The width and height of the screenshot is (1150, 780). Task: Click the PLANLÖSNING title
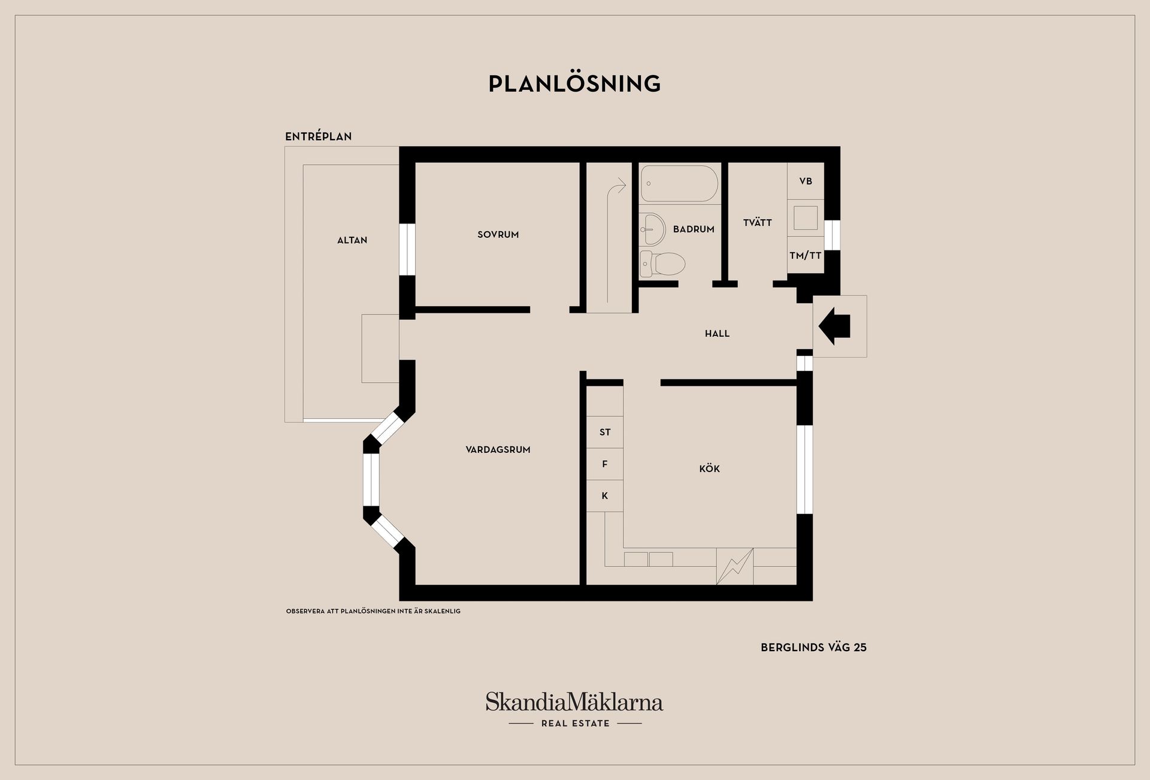pos(574,84)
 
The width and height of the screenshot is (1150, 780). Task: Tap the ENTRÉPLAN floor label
pos(318,137)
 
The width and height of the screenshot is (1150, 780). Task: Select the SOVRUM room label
pos(498,235)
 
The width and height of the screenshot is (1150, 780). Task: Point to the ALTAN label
pos(352,240)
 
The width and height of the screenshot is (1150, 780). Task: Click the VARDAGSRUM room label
pos(498,450)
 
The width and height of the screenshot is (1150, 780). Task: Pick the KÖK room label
pos(709,469)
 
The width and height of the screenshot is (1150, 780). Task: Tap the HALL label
pos(717,334)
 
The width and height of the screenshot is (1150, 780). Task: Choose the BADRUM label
pos(694,229)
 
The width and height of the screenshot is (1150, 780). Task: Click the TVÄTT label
pos(757,223)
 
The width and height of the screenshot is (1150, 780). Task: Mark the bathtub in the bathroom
pos(679,183)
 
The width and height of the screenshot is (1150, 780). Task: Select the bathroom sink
pos(652,229)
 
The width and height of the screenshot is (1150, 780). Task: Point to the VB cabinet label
pos(806,182)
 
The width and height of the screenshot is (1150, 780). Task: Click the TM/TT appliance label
pos(805,256)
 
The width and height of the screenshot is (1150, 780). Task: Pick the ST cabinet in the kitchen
pos(605,432)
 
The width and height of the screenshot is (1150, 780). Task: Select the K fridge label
pos(605,496)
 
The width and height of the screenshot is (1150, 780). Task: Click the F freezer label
pos(605,464)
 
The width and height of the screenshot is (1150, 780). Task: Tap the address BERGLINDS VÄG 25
pos(813,648)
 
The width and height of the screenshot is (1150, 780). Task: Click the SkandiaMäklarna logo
pos(574,702)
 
